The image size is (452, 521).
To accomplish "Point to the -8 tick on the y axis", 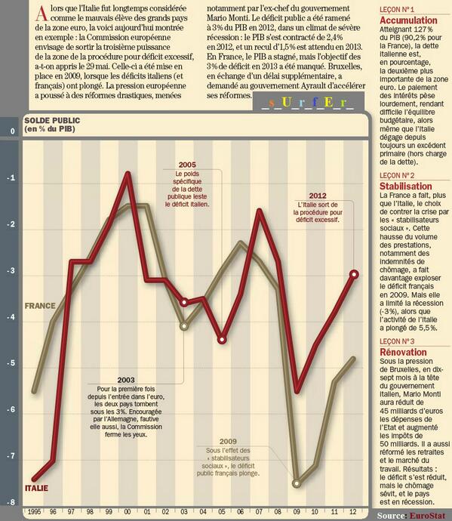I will [x=11, y=502].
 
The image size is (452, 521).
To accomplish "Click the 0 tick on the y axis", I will [x=11, y=132].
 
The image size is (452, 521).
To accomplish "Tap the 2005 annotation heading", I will [x=187, y=165].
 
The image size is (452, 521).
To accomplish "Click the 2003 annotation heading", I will [x=126, y=379].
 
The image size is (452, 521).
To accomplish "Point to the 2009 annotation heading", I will [x=229, y=441].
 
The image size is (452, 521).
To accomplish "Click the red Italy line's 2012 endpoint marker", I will [x=355, y=274].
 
